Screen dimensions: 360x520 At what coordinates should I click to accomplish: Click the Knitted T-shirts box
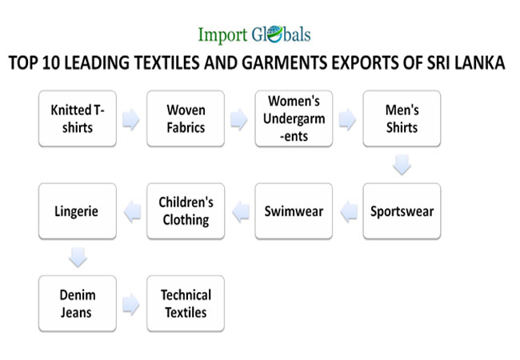pos(77,119)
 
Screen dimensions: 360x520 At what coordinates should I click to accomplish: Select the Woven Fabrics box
pos(186,119)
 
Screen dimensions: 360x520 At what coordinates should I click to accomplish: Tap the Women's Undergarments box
pos(294,119)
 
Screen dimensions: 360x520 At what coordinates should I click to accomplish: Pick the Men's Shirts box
pos(402,119)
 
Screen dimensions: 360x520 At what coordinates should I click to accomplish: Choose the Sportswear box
pos(402,211)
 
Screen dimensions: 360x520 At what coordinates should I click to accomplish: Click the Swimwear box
pos(294,211)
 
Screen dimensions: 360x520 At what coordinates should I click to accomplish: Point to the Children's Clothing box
pos(186,211)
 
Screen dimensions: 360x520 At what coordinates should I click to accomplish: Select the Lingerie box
pos(77,211)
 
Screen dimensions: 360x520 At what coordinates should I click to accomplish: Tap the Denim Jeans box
pos(77,303)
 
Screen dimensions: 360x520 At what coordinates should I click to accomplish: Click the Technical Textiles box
pos(186,303)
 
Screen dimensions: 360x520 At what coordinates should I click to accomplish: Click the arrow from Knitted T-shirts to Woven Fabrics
pos(131,120)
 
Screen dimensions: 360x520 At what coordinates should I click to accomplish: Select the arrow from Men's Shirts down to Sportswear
pos(402,166)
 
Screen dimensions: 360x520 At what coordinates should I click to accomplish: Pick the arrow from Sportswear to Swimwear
pos(348,212)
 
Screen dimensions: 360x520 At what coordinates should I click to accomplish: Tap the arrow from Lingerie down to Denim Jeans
pos(77,258)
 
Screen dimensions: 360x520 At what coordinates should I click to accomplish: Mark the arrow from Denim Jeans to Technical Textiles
pos(131,304)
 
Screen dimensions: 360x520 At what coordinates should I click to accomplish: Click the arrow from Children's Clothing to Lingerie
pos(131,212)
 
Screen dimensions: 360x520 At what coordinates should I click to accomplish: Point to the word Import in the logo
pos(224,34)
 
